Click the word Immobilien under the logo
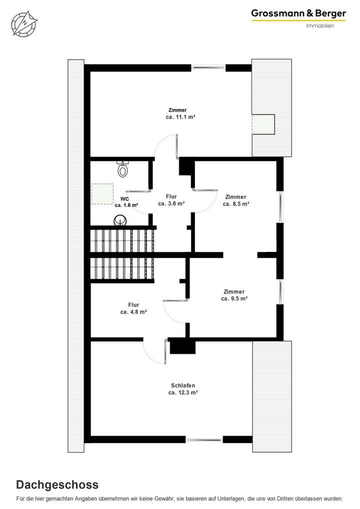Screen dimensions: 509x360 (x=320, y=26)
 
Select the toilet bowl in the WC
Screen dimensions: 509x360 (x=122, y=169)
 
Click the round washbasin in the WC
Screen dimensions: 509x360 (x=120, y=220)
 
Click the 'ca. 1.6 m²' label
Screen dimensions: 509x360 (x=126, y=205)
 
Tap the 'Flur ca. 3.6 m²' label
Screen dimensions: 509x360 (x=171, y=200)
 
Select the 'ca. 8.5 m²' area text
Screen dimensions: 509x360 (x=236, y=204)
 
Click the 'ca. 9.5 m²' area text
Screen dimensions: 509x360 (x=234, y=298)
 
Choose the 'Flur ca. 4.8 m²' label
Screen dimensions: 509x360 (x=133, y=308)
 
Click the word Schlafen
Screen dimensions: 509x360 (x=183, y=385)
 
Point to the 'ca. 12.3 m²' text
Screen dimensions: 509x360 (x=183, y=393)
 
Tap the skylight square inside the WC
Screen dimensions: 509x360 (x=102, y=194)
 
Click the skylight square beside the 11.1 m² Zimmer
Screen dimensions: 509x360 (x=263, y=124)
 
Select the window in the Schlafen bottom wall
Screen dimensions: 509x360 (x=204, y=439)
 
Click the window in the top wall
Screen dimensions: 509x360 (x=207, y=68)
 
